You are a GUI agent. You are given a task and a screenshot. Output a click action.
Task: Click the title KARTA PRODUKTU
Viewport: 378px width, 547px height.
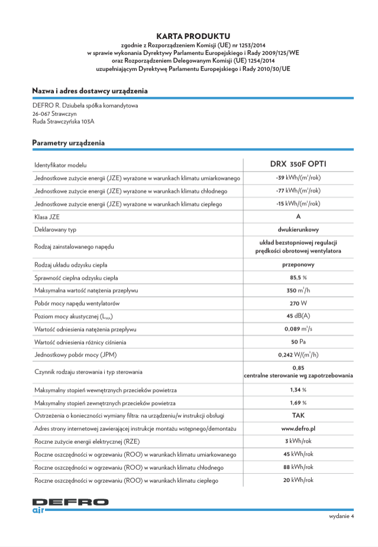point(189,36)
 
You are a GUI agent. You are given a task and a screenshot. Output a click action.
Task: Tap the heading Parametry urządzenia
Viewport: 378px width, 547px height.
point(68,143)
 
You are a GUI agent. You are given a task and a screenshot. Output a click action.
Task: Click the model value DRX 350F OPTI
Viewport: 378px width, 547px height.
point(298,164)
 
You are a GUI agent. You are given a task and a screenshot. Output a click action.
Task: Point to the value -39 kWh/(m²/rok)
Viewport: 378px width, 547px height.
point(298,177)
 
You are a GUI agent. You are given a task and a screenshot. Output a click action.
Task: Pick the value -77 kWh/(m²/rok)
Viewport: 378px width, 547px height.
point(298,190)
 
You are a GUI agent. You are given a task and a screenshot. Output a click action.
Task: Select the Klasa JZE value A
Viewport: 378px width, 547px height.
point(298,216)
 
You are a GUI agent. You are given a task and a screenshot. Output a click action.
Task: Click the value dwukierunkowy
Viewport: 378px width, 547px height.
point(298,229)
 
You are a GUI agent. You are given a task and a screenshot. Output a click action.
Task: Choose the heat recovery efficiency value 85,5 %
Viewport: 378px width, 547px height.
point(298,277)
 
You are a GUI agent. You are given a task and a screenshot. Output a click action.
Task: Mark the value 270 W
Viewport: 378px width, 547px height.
point(298,303)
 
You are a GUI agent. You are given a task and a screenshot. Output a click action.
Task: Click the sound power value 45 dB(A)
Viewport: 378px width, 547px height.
point(298,316)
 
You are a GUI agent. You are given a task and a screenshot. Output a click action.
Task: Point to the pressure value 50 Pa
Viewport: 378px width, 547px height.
point(298,342)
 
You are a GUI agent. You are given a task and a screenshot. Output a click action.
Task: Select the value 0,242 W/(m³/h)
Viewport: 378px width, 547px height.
point(298,355)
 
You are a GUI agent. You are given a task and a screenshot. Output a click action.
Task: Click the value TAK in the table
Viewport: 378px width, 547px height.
point(298,415)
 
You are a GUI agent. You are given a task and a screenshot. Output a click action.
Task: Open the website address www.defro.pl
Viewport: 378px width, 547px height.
point(298,428)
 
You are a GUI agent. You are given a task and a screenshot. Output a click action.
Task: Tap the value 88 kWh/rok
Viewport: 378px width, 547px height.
point(298,467)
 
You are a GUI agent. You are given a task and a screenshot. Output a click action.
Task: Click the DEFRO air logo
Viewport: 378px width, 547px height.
point(70,504)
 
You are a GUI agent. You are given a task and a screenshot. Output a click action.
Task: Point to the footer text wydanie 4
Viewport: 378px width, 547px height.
point(341,516)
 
